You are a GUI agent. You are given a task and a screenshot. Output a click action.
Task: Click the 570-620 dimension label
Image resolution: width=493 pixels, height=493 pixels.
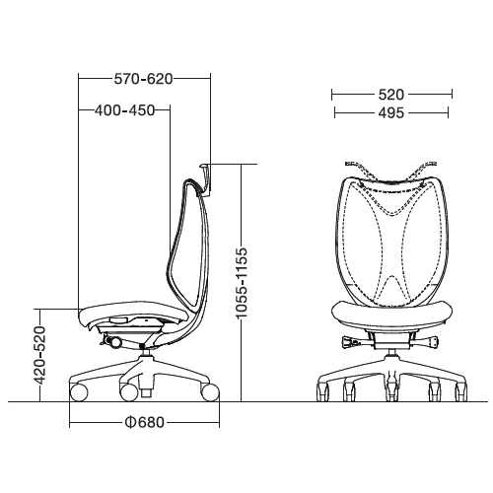click(x=143, y=79)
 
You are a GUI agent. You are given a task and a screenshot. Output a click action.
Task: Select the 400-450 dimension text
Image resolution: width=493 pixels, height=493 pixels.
click(x=124, y=110)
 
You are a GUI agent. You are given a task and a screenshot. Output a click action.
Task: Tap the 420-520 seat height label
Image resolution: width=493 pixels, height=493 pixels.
click(x=40, y=355)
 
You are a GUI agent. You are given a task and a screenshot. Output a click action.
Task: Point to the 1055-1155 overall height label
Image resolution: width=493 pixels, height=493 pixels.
click(x=242, y=283)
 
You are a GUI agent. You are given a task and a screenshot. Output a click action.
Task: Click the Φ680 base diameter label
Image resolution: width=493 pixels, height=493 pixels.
click(x=145, y=423)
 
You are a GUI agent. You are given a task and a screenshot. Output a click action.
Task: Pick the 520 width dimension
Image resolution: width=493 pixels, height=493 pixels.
click(x=391, y=95)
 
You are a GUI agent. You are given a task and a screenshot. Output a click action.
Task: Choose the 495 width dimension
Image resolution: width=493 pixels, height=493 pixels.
click(x=391, y=113)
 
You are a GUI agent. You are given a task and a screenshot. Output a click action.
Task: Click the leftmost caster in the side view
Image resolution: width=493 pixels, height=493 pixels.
click(x=79, y=392)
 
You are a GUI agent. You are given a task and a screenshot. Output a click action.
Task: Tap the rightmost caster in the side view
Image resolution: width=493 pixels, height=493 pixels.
click(x=210, y=392)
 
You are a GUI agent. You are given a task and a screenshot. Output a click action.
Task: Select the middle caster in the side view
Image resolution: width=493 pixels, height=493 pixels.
click(x=128, y=392)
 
